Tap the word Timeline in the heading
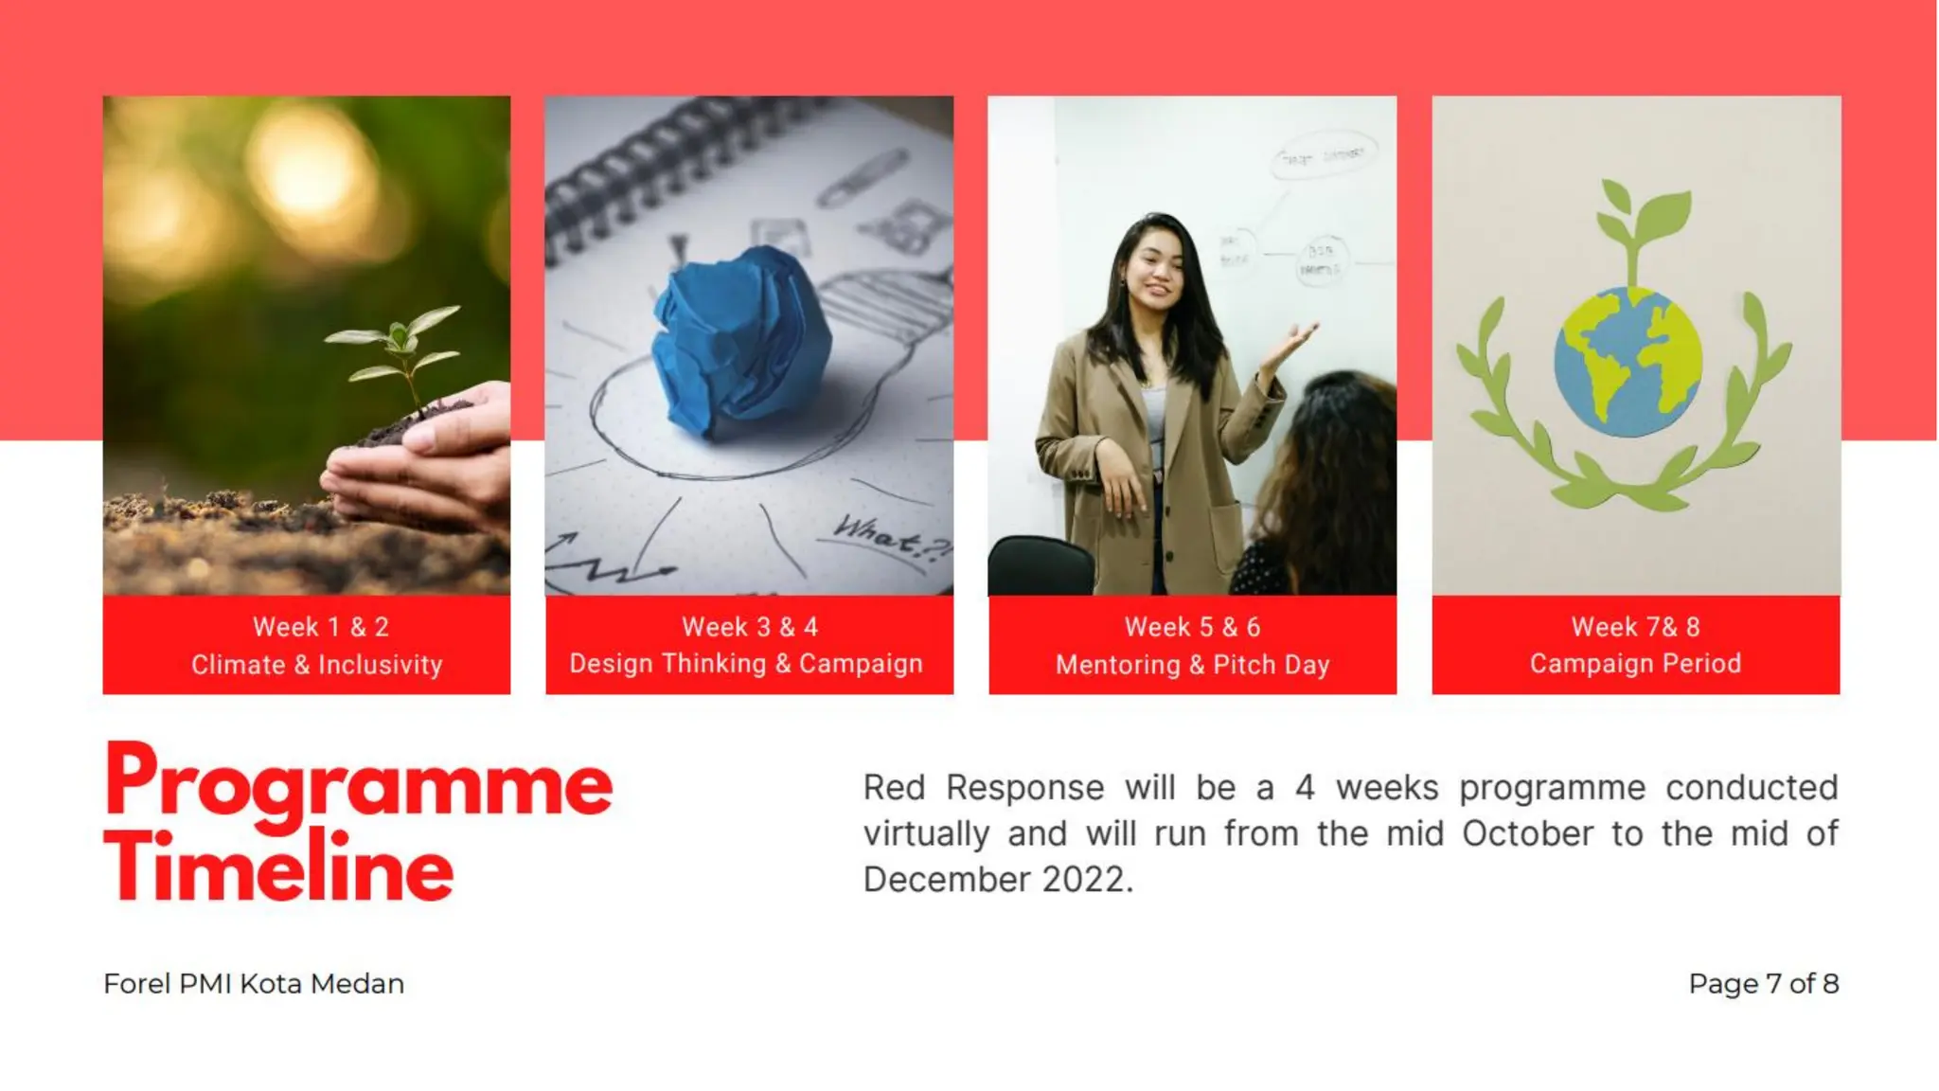pos(279,867)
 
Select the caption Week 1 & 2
pos(320,627)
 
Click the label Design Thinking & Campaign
pos(746,664)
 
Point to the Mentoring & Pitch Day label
pos(1192,665)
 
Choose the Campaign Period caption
pos(1635,664)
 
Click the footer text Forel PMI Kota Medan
pos(254,984)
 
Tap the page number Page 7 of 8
pos(1763,984)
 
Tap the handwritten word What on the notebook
pos(876,535)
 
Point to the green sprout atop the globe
pos(1638,227)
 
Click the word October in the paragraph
pos(1527,834)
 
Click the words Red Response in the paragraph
pos(983,788)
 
